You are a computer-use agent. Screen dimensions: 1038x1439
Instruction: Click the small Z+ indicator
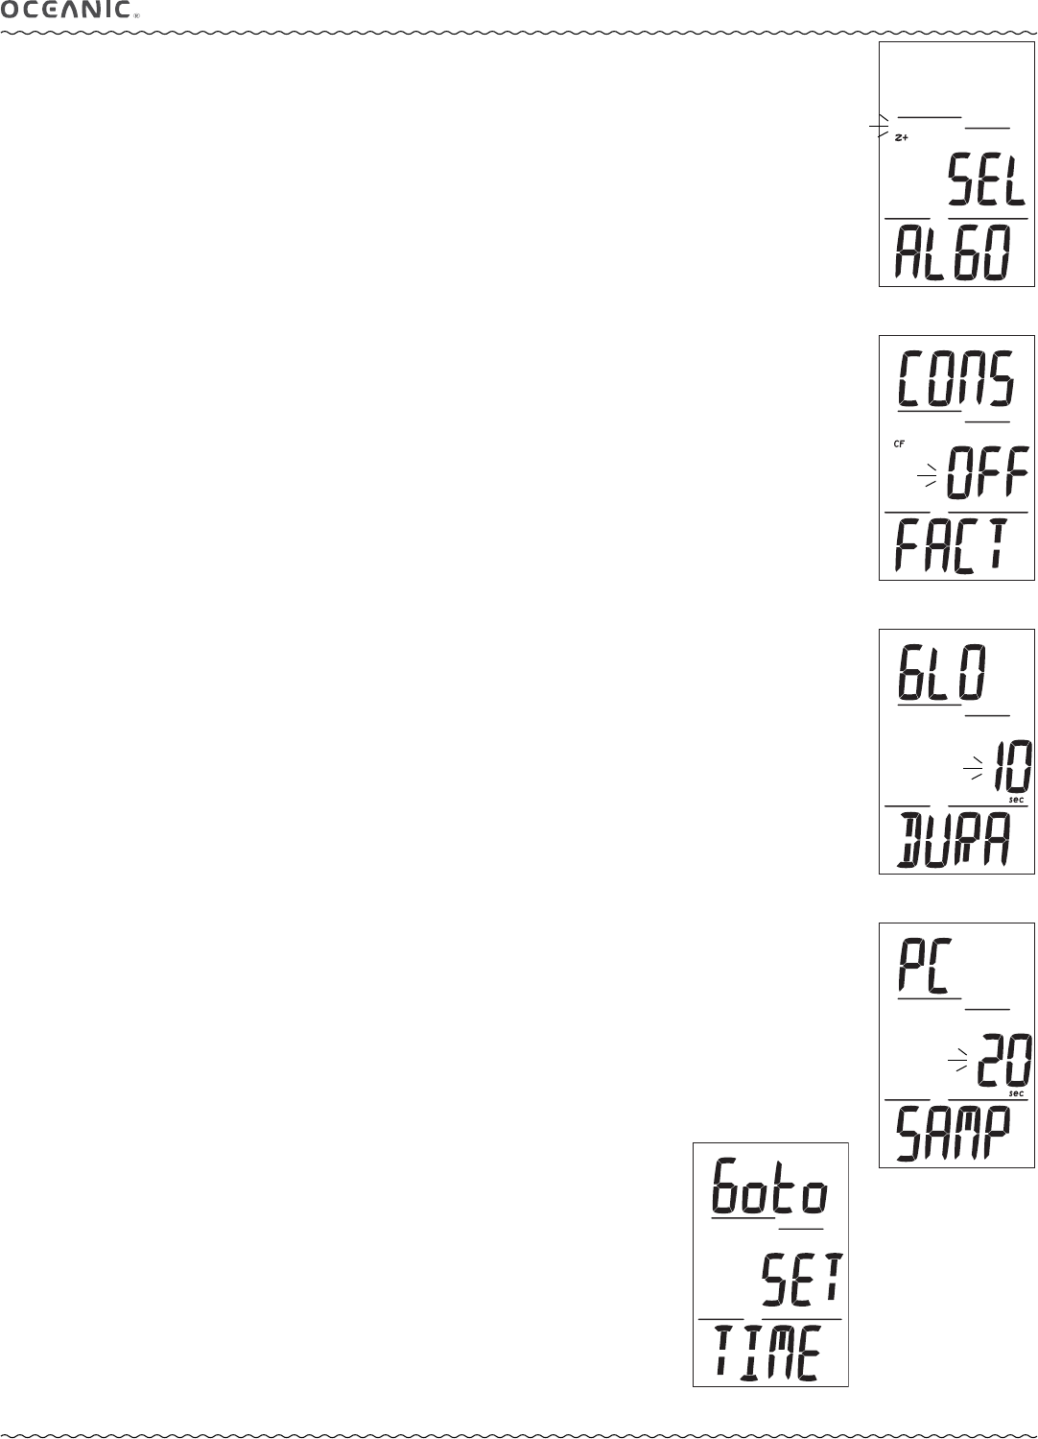click(902, 138)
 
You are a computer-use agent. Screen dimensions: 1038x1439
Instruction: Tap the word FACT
click(953, 545)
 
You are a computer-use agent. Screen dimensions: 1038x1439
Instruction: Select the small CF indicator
click(899, 444)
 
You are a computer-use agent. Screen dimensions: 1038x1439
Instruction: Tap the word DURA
click(953, 840)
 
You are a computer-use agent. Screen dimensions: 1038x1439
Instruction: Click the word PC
click(924, 969)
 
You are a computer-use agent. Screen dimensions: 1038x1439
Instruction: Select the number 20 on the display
click(1005, 1061)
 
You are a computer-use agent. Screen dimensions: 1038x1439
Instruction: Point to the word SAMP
click(953, 1134)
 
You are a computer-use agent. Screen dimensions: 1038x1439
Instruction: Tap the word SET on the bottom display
click(802, 1281)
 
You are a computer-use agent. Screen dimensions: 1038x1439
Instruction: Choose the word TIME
click(767, 1354)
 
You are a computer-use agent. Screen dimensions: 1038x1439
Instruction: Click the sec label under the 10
click(1016, 800)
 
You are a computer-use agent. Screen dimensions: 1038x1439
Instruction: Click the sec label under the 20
click(1016, 1093)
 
